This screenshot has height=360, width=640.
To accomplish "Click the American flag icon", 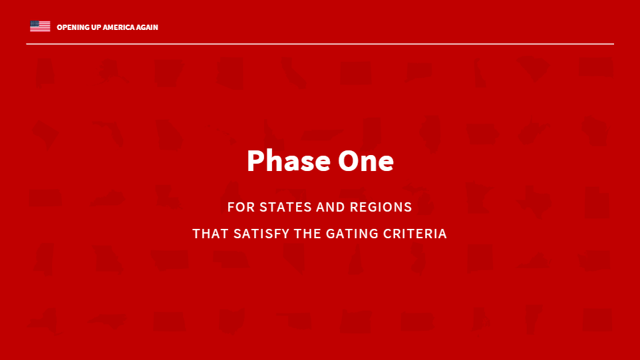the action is pyautogui.click(x=40, y=26).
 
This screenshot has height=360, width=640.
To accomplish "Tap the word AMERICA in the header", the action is pyautogui.click(x=118, y=27).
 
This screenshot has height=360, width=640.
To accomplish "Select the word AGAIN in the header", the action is pyautogui.click(x=147, y=27).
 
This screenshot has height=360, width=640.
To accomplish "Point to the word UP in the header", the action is pyautogui.click(x=96, y=27).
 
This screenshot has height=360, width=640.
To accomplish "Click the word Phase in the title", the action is pyautogui.click(x=289, y=160).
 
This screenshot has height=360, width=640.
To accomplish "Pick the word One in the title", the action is pyautogui.click(x=366, y=161).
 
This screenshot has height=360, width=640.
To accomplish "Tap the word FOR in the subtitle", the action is pyautogui.click(x=241, y=207).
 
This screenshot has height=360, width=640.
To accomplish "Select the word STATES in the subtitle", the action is pyautogui.click(x=285, y=207).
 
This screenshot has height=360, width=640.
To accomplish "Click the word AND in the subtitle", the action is pyautogui.click(x=331, y=207).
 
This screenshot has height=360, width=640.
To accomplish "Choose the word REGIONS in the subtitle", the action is pyautogui.click(x=381, y=207).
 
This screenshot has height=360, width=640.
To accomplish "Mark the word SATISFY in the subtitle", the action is pyautogui.click(x=261, y=234).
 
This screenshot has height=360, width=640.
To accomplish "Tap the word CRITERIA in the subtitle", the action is pyautogui.click(x=415, y=234).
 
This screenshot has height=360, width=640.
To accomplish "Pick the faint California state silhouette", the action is pyautogui.click(x=294, y=73).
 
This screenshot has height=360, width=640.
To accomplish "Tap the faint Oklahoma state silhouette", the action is pyautogui.click(x=295, y=321).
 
